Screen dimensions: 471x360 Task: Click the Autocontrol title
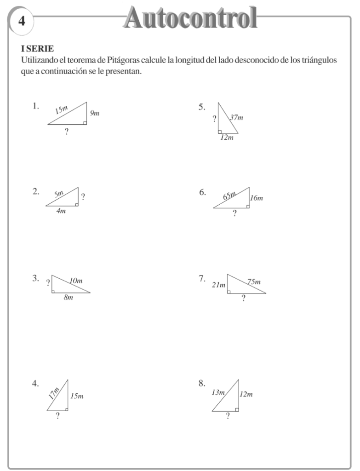pos(190,18)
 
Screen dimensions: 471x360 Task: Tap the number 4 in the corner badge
pos(21,21)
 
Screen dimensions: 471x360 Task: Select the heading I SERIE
pos(37,49)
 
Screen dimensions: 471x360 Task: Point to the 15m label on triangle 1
pos(62,109)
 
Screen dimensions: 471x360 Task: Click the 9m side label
pos(95,113)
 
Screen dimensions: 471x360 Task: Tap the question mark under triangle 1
pos(67,132)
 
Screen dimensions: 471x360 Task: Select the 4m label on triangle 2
pos(61,211)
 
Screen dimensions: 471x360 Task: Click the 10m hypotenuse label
pos(76,281)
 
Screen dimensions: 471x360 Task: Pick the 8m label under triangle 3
pos(68,298)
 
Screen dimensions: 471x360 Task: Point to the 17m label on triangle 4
pos(54,392)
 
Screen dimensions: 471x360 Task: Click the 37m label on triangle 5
pos(236,118)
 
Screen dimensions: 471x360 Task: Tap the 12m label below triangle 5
pos(226,138)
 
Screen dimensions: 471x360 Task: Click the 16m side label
pos(257,198)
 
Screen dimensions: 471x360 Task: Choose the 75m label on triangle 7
pos(254,281)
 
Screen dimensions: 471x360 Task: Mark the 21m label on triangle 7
pos(218,285)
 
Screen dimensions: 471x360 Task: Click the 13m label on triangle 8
pos(218,392)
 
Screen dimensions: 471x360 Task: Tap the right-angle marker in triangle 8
pos(237,409)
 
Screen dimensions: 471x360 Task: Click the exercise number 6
pos(202,192)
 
